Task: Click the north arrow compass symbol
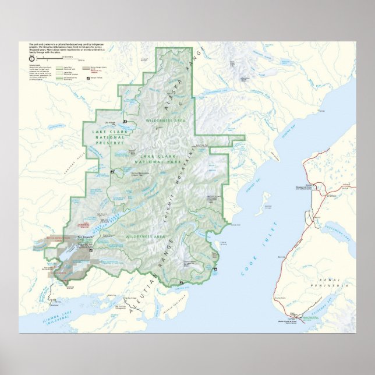pyautogui.click(x=31, y=58)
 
